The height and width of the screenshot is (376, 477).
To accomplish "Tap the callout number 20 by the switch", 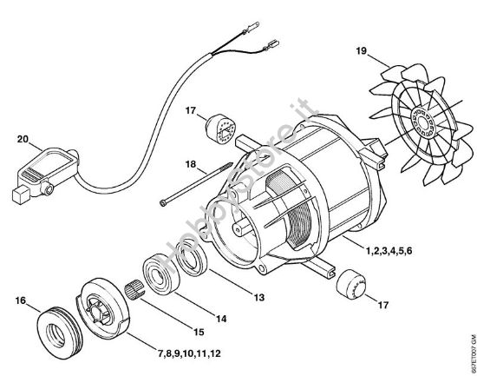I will coord(24,137).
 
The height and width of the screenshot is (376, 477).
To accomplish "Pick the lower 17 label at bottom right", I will coord(382,305).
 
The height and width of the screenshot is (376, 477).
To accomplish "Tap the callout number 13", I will coord(258,298).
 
